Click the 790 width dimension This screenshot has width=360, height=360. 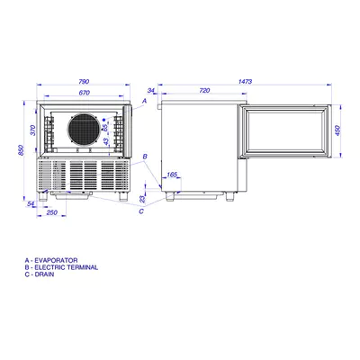pos(84,81)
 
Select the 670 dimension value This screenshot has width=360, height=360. pos(85,93)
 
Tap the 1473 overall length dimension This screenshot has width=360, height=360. pos(245,81)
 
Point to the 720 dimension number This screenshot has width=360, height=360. pos(204,90)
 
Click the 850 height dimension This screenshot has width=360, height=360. pos(21,150)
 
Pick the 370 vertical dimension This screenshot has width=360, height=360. pos(33,130)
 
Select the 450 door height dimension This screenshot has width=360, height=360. pos(337,130)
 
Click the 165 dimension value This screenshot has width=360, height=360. pos(172,175)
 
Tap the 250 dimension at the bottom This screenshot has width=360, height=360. pos(52,212)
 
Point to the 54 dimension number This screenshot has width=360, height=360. pos(31,204)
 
